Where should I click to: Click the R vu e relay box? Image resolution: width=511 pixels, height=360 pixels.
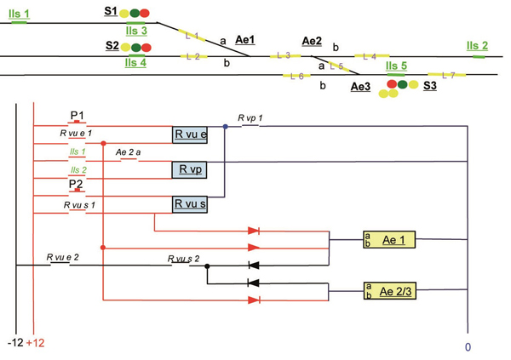pyautogui.click(x=191, y=134)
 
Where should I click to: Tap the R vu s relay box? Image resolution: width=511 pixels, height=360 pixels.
pyautogui.click(x=191, y=204)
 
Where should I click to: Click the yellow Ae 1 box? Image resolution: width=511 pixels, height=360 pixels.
pyautogui.click(x=389, y=240)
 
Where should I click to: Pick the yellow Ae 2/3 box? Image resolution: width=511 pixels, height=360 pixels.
pyautogui.click(x=389, y=291)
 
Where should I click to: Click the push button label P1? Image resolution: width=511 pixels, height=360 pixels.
pyautogui.click(x=77, y=115)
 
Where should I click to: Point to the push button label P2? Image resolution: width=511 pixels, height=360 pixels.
pyautogui.click(x=76, y=184)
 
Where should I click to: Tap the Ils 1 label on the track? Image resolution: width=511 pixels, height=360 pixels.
pyautogui.click(x=19, y=14)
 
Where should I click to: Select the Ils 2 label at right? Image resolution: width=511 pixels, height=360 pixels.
pyautogui.click(x=477, y=46)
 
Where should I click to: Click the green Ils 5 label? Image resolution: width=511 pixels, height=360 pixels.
pyautogui.click(x=396, y=66)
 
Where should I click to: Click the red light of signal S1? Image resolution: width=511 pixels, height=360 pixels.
pyautogui.click(x=145, y=13)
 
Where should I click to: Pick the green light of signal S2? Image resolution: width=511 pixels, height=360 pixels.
pyautogui.click(x=135, y=47)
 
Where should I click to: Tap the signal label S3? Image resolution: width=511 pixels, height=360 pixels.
pyautogui.click(x=429, y=86)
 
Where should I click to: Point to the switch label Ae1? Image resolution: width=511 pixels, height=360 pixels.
pyautogui.click(x=245, y=40)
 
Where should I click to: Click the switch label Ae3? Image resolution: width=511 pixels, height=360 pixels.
pyautogui.click(x=360, y=87)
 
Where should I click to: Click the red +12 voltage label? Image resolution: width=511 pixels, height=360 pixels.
pyautogui.click(x=35, y=342)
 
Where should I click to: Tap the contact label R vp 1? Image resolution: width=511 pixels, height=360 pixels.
pyautogui.click(x=250, y=117)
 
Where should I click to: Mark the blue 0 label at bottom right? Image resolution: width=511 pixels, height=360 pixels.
pyautogui.click(x=468, y=347)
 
